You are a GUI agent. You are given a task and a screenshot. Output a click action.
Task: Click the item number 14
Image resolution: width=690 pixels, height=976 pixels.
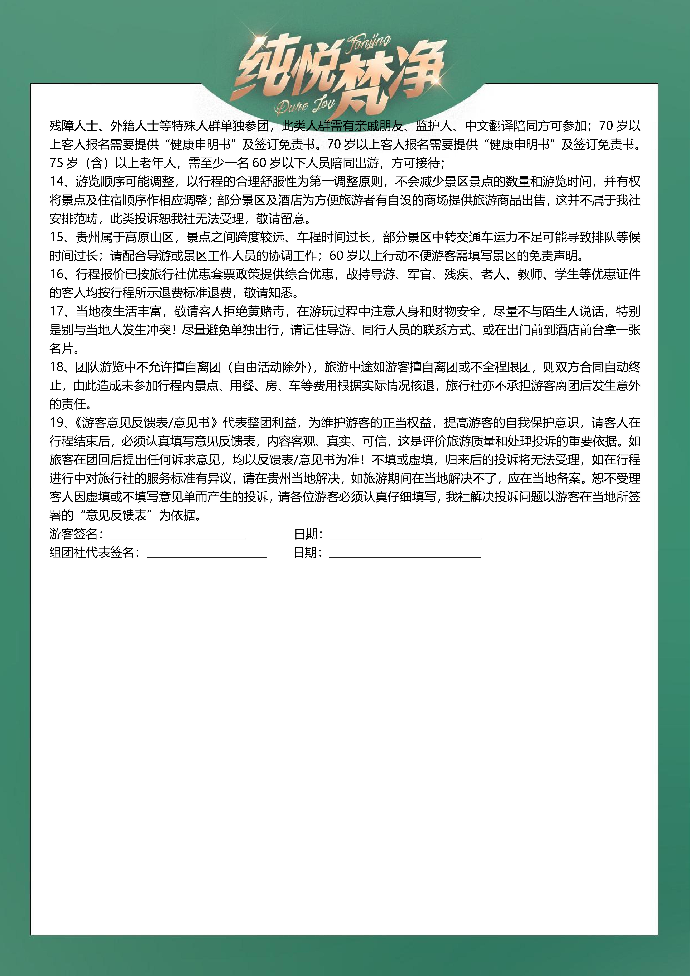pos(57,182)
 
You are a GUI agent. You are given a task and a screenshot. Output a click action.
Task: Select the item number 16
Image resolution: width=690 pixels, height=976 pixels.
pos(57,274)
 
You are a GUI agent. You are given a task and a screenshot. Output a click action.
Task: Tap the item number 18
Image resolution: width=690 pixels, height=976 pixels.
pos(57,367)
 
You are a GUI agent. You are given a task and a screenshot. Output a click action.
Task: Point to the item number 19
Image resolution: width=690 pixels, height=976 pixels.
pos(57,423)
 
